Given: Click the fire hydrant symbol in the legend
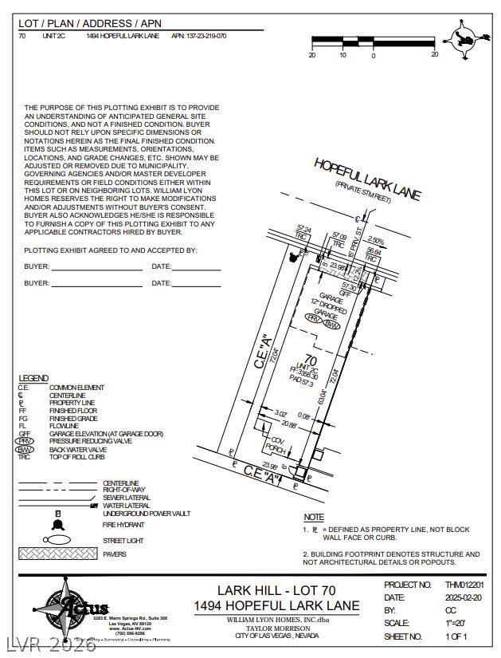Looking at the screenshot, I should coord(57,524).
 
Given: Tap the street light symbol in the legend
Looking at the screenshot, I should coord(57,540).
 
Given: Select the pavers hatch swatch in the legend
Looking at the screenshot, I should coord(57,554).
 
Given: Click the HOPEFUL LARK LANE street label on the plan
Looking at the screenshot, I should coord(366,179).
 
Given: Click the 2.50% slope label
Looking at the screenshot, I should coord(376,240).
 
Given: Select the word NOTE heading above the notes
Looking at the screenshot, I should coord(314,518).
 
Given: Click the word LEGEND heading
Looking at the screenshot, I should coord(33,378).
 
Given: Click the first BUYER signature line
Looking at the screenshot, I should coord(96,266).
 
